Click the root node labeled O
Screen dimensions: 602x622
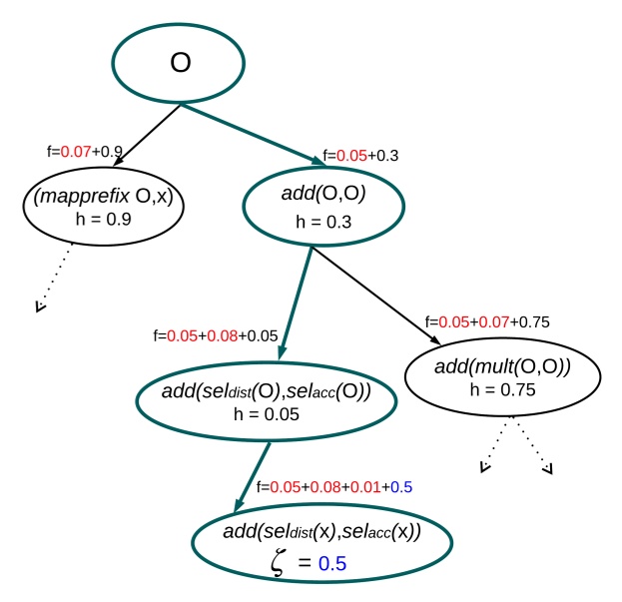click(179, 63)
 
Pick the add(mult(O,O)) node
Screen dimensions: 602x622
click(502, 377)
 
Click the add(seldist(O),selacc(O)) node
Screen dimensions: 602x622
click(266, 401)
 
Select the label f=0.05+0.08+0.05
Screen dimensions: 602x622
click(212, 335)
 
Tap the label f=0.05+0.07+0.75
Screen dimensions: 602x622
click(487, 321)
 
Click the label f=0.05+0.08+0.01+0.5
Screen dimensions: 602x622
click(334, 487)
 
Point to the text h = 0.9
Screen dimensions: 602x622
click(98, 220)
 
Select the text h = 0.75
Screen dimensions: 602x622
click(502, 389)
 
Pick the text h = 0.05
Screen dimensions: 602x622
click(266, 413)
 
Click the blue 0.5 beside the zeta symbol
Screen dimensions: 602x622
click(332, 564)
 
